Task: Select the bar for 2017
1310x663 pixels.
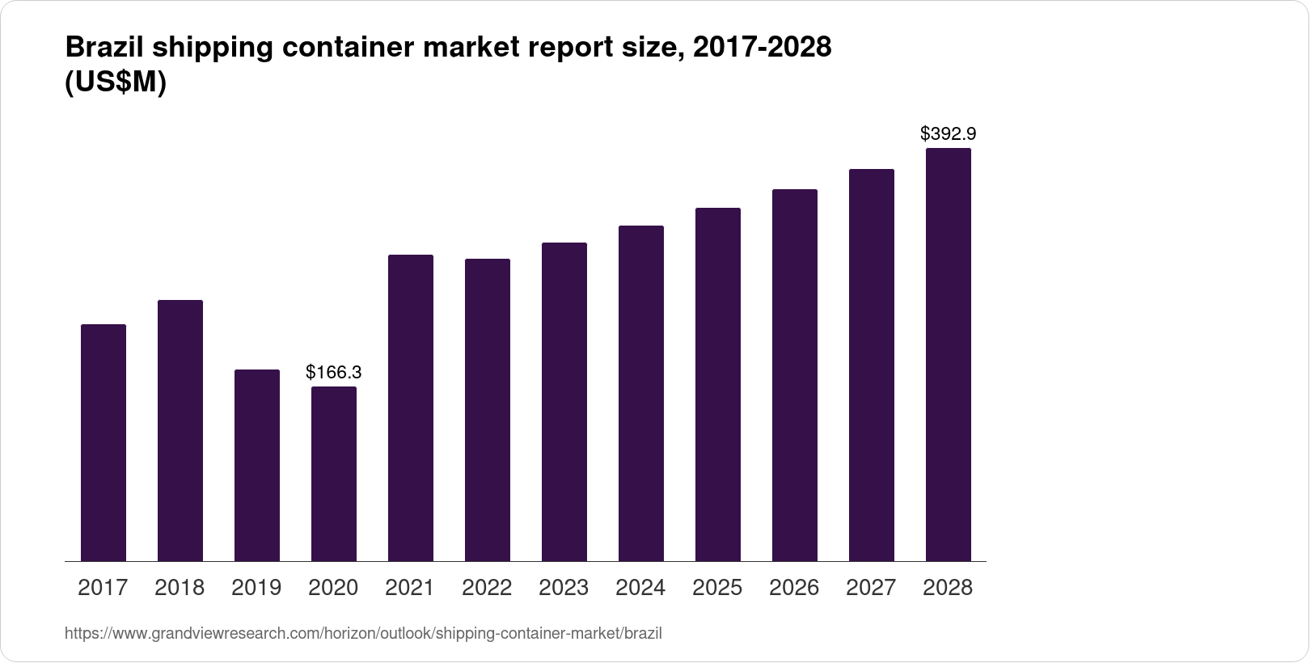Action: click(x=104, y=442)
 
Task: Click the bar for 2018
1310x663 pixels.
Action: click(x=180, y=430)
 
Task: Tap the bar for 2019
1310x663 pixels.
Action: click(x=257, y=465)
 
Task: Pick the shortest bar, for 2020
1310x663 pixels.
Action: click(x=334, y=474)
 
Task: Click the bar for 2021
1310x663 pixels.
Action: click(x=411, y=408)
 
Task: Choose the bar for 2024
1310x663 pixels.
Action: click(x=641, y=393)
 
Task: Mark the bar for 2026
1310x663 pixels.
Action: click(x=795, y=375)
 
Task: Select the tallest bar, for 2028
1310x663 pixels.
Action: click(x=949, y=354)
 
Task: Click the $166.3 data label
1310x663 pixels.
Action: click(x=333, y=373)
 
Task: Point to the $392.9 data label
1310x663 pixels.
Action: click(x=948, y=134)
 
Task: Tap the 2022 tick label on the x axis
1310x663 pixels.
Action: click(x=487, y=588)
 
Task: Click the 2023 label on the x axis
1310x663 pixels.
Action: click(x=564, y=588)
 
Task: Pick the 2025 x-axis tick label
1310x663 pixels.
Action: click(x=717, y=588)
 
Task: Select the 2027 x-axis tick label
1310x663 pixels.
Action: click(x=871, y=588)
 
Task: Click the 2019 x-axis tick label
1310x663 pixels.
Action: click(x=256, y=588)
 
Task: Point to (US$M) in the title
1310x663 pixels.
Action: click(x=115, y=82)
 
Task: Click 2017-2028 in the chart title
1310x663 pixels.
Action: click(x=763, y=48)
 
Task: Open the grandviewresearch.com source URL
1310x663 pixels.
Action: click(x=363, y=634)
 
